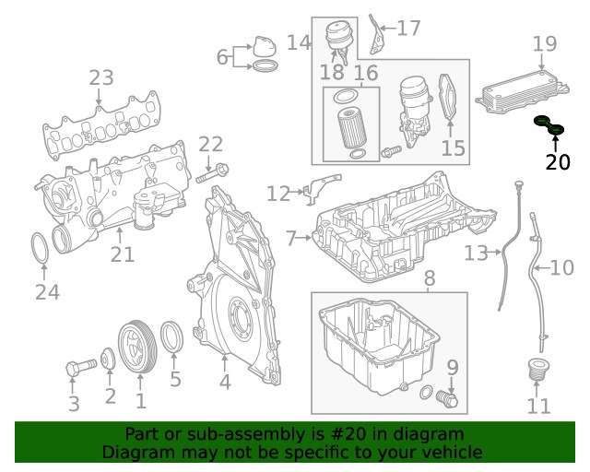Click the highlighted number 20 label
(x=558, y=163)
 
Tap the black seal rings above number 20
(x=550, y=126)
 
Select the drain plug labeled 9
(x=448, y=398)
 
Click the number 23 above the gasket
(x=100, y=78)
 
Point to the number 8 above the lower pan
(x=429, y=277)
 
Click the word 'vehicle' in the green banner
(x=452, y=452)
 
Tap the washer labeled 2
(x=109, y=360)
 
